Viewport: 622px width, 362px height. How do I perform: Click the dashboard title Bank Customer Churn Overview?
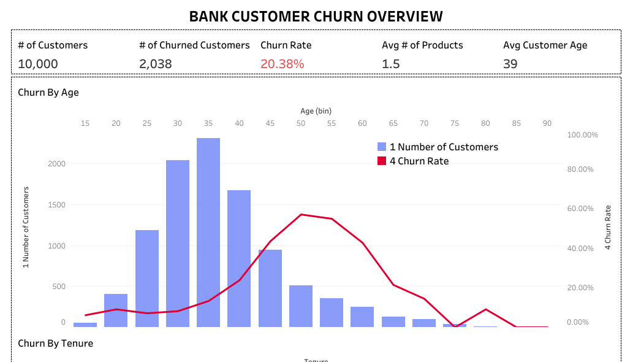[x=316, y=16]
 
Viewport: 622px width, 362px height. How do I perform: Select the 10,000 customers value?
[x=38, y=64]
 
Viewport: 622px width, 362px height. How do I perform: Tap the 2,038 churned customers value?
[x=156, y=64]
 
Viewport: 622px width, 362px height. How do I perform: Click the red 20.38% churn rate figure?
[x=282, y=64]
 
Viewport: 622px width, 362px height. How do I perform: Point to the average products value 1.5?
[x=391, y=64]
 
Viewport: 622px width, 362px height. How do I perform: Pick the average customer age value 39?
[x=510, y=64]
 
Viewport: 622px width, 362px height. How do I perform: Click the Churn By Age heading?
[x=48, y=93]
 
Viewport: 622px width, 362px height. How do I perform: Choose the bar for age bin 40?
[x=239, y=258]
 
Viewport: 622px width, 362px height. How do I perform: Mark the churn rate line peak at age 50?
[x=301, y=214]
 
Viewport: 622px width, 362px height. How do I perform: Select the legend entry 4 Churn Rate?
[x=419, y=161]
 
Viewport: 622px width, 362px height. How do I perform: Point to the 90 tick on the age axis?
[x=547, y=123]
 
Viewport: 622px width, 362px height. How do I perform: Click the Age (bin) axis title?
[x=316, y=111]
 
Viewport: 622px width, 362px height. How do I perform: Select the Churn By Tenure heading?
[x=56, y=343]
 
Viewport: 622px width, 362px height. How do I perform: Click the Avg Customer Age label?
[x=545, y=45]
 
